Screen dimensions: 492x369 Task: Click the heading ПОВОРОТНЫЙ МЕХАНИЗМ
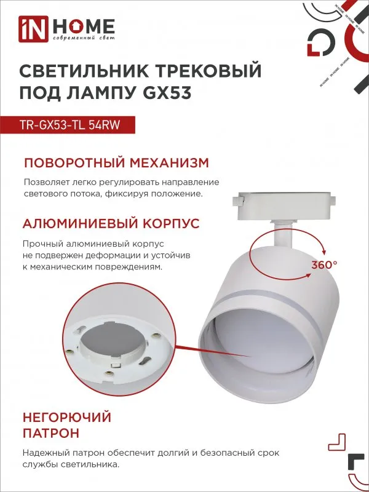[116, 163]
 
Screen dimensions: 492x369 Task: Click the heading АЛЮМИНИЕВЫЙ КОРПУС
[111, 223]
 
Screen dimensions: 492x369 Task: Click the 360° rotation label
[325, 264]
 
